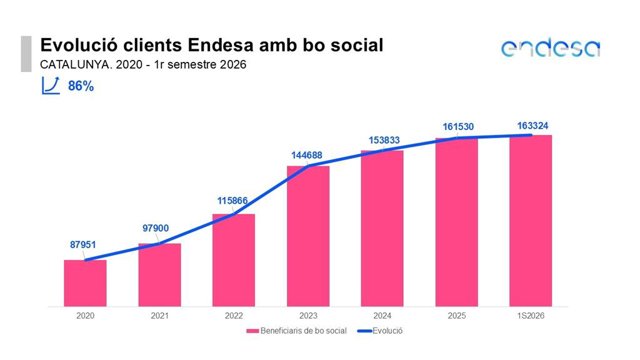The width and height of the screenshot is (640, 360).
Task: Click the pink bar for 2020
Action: tap(85, 283)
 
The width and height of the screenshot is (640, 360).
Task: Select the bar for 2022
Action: tap(233, 260)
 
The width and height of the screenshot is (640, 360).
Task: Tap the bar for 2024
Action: tap(382, 228)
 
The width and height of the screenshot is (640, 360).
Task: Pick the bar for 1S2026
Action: tap(531, 220)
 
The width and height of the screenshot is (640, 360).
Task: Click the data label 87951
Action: tap(83, 245)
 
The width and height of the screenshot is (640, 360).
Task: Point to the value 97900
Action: tap(156, 228)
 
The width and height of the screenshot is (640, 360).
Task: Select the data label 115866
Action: tap(232, 201)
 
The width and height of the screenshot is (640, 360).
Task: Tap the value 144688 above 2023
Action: tap(307, 156)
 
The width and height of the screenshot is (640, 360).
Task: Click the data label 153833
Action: tap(384, 140)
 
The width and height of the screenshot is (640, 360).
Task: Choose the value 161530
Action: tap(458, 127)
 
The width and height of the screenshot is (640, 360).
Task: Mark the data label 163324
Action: tap(533, 126)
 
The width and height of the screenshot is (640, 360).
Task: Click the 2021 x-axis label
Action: tap(160, 316)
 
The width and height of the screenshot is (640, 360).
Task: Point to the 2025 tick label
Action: tap(457, 316)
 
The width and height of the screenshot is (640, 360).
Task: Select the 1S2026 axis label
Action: tap(531, 316)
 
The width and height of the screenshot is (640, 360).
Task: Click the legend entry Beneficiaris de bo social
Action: tap(296, 331)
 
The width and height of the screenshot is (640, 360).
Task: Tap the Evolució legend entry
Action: tap(380, 331)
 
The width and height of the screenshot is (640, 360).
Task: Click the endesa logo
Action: tap(551, 48)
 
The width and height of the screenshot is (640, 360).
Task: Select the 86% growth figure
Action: tap(81, 86)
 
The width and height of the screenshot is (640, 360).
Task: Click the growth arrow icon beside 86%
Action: tap(51, 86)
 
